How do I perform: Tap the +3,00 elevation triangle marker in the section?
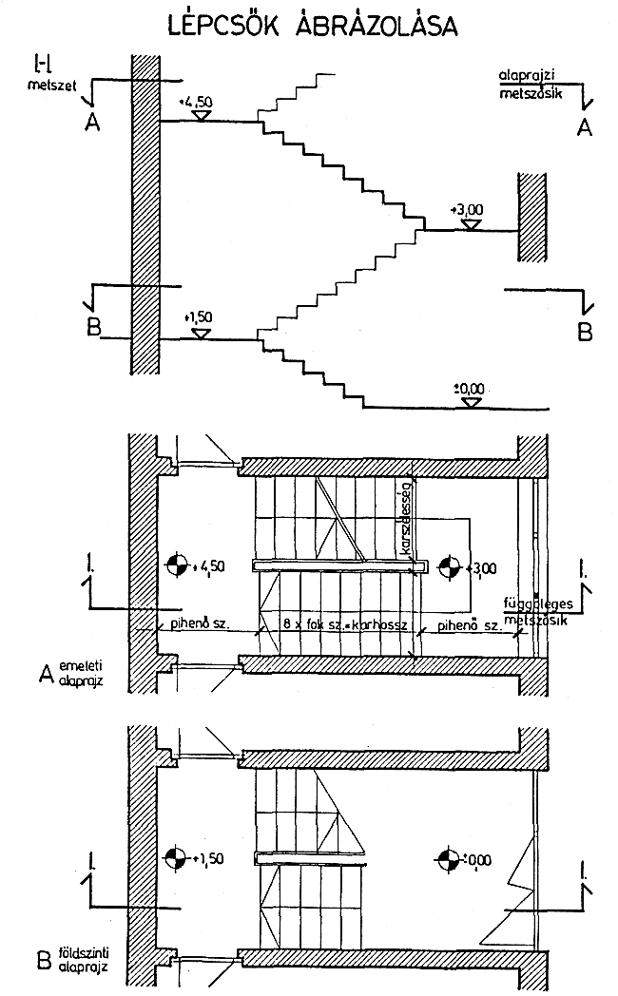[x=469, y=223]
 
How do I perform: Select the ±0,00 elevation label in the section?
[x=469, y=388]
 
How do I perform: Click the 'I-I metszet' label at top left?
[x=43, y=75]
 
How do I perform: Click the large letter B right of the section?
[x=585, y=332]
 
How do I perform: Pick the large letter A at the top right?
[x=585, y=125]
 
